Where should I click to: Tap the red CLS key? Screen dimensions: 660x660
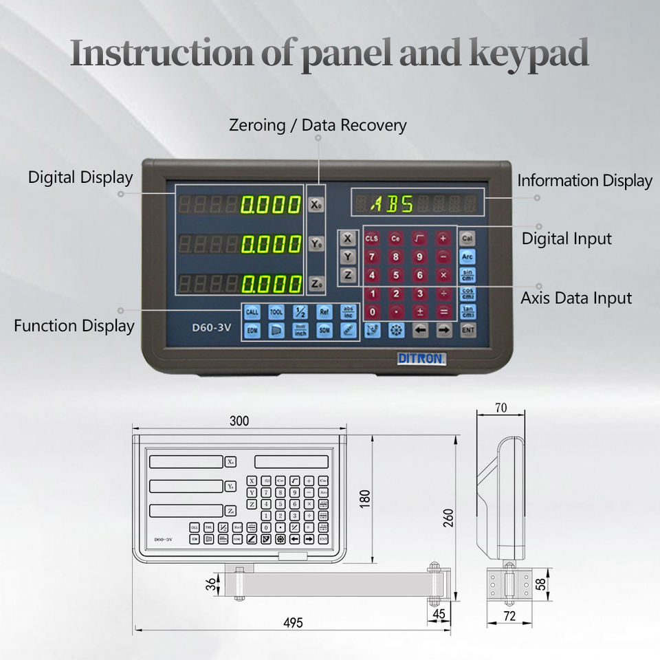tap(372, 239)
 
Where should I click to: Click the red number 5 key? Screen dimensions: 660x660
tap(395, 276)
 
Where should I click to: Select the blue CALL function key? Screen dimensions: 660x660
tap(252, 311)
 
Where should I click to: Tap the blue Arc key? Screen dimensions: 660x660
tap(467, 257)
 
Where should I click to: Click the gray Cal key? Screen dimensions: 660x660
tap(467, 239)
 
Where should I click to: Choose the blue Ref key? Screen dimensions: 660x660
tap(324, 311)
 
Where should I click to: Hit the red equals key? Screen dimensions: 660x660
tap(444, 311)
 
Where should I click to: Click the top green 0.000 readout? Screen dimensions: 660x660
tap(271, 204)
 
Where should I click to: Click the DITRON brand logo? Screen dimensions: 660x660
tap(421, 358)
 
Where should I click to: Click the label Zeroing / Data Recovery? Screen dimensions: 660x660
tap(318, 125)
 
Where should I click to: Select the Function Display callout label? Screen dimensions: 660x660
tap(74, 325)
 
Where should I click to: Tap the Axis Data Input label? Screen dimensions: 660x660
tap(576, 298)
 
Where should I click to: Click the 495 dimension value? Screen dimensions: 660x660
tap(293, 622)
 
